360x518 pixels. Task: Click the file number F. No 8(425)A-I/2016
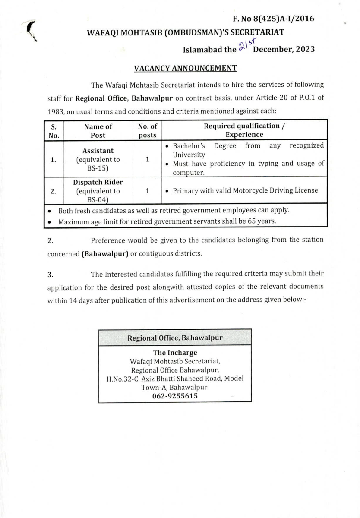273,19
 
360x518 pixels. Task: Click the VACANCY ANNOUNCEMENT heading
185,68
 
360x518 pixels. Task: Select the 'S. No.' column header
54,130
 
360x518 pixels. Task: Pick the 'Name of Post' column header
98,130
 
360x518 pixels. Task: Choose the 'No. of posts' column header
147,130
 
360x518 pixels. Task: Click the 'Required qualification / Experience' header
244,130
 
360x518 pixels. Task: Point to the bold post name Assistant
98,151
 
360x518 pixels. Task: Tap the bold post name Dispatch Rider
98,182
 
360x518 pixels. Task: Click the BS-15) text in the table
98,168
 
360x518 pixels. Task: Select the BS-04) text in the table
98,199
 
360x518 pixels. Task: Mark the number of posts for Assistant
147,159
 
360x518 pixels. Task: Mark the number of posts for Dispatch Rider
147,190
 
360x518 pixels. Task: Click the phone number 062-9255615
175,396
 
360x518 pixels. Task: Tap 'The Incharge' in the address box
175,353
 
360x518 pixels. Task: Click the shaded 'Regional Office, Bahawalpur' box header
175,338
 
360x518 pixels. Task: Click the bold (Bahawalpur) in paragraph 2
105,253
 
